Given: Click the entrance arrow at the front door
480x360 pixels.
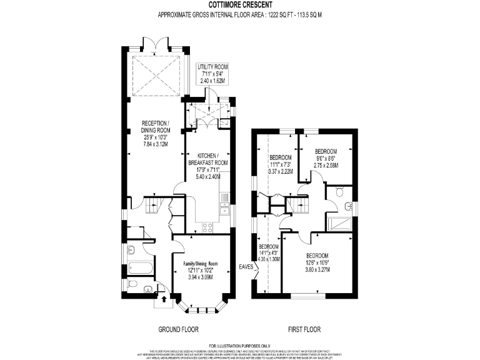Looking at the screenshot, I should point(164,301).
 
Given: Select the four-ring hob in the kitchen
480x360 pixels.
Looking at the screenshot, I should point(208,227).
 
